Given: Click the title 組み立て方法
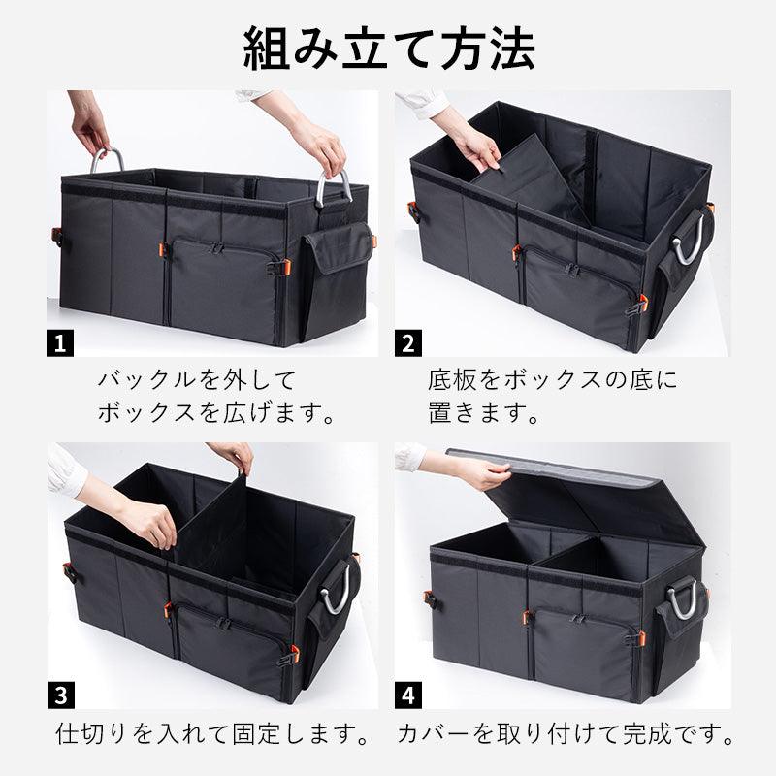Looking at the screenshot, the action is pos(389,48).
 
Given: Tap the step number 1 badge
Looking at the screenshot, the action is pos(60,343).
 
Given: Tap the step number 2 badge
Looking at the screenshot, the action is pos(408,343).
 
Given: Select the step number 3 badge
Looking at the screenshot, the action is pos(61,695).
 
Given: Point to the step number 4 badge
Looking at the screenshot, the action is pos(408,695).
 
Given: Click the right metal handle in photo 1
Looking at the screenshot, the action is pos(320,189).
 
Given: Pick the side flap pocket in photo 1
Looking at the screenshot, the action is pos(338,247).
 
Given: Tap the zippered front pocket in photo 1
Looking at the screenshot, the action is pos(223,282).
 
